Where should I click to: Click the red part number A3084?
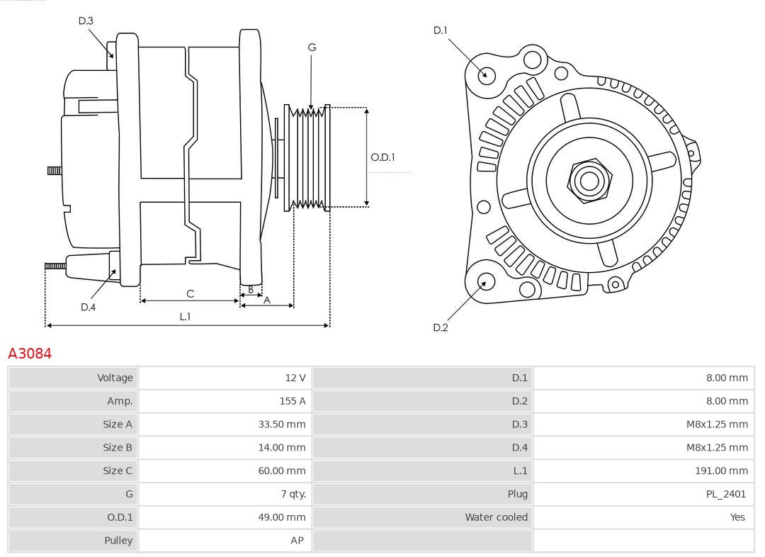pyautogui.click(x=30, y=353)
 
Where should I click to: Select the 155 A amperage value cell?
pyautogui.click(x=293, y=401)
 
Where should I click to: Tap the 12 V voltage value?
pyautogui.click(x=295, y=378)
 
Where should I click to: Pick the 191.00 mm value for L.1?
pyautogui.click(x=721, y=471)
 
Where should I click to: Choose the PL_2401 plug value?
pyautogui.click(x=725, y=494)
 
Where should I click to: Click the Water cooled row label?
pyautogui.click(x=496, y=517)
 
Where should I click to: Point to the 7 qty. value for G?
pyautogui.click(x=292, y=494)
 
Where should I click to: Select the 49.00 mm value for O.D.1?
pyautogui.click(x=281, y=517)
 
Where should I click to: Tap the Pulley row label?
pyautogui.click(x=118, y=540)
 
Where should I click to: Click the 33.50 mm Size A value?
pyautogui.click(x=281, y=424)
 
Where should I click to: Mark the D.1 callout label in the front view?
pyautogui.click(x=441, y=30)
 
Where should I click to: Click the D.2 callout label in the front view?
pyautogui.click(x=441, y=327)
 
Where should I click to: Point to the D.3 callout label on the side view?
pyautogui.click(x=86, y=21)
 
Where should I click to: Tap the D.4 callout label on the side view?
pyautogui.click(x=88, y=307)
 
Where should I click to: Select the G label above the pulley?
pyautogui.click(x=312, y=47)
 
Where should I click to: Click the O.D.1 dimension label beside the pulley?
pyautogui.click(x=382, y=157)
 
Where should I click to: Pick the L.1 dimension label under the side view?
pyautogui.click(x=184, y=317)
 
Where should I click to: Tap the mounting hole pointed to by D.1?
pyautogui.click(x=487, y=74)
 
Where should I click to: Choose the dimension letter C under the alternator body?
pyautogui.click(x=190, y=293)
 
